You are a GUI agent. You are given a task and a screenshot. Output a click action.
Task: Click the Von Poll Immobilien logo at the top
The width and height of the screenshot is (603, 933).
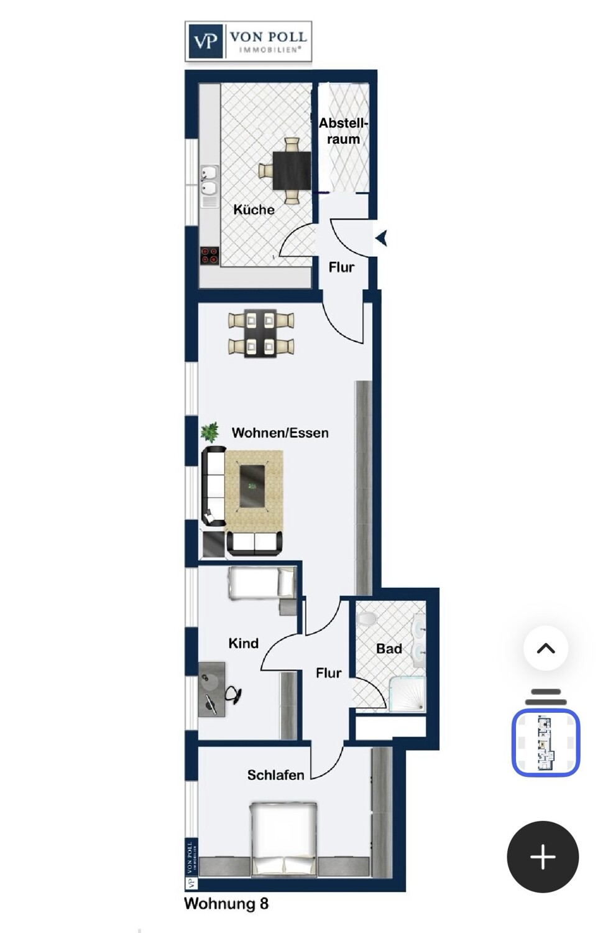click(248, 41)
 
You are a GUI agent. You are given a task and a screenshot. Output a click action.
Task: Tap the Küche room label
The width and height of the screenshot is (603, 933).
click(254, 210)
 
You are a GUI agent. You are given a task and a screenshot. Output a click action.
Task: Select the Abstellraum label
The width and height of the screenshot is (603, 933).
click(343, 131)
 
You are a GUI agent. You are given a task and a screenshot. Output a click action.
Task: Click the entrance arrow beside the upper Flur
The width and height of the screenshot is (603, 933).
click(382, 239)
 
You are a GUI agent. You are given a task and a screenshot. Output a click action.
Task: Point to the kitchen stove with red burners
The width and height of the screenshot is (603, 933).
click(209, 255)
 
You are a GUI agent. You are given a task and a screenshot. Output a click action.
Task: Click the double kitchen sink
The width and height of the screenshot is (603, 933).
click(209, 180)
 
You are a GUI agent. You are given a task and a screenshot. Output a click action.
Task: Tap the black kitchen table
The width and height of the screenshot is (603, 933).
click(292, 170)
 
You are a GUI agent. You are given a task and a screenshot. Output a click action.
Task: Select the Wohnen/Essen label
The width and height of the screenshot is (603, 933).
click(280, 433)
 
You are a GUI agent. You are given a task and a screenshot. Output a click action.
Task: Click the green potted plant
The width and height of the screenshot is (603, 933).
click(209, 432)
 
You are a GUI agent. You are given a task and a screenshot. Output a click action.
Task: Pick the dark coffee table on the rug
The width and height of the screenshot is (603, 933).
click(252, 486)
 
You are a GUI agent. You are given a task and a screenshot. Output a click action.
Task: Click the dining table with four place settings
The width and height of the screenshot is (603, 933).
click(261, 333)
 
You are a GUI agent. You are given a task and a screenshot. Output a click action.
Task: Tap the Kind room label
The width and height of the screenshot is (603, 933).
click(244, 643)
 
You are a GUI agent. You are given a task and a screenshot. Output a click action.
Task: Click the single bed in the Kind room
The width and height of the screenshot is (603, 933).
click(262, 583)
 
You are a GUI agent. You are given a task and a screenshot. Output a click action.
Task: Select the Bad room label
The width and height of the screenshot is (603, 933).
click(389, 649)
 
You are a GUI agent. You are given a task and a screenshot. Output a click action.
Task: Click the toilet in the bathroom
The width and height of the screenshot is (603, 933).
click(366, 618)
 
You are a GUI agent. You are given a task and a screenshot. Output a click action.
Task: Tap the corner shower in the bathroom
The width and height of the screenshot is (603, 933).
click(407, 694)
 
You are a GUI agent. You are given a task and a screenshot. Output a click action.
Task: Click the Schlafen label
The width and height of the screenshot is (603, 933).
click(275, 775)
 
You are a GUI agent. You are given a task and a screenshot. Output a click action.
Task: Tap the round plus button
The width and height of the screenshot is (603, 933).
click(543, 856)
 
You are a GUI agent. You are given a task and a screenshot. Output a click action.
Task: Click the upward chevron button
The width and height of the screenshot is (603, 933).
click(546, 648)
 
